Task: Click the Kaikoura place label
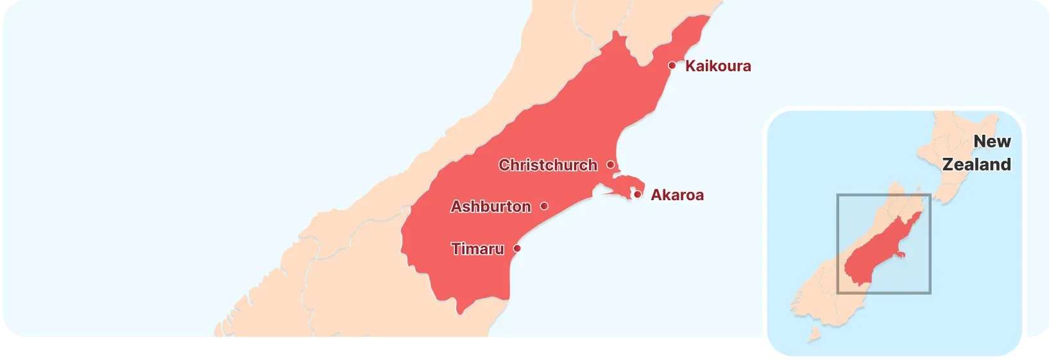coord(718,66)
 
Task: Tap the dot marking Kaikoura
coord(672,65)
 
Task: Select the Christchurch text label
coord(548,165)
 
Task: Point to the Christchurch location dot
coord(610,165)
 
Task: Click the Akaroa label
coord(677,195)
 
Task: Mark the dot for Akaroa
coord(637,194)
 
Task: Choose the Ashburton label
coord(491,207)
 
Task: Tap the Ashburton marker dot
coord(544,206)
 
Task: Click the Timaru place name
coord(477,248)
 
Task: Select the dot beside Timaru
coord(517,248)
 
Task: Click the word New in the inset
coord(992,141)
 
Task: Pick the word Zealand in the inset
coord(977,164)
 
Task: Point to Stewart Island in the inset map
coord(814,334)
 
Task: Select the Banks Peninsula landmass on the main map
coord(626,186)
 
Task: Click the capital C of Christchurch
coord(505,165)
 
